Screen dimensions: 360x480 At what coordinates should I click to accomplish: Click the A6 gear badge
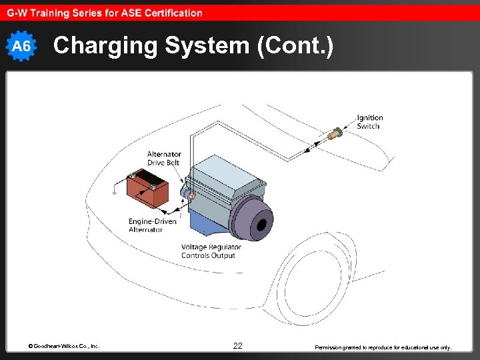click(22, 46)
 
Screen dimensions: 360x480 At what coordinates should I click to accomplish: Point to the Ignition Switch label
click(369, 122)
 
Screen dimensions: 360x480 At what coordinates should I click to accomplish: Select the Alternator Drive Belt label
click(163, 159)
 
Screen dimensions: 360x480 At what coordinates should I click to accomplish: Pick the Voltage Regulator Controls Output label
click(211, 251)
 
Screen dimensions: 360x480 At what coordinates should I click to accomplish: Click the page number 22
click(238, 346)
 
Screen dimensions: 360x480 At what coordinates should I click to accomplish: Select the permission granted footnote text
click(383, 347)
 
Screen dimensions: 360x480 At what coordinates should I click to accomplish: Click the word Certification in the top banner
click(171, 13)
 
